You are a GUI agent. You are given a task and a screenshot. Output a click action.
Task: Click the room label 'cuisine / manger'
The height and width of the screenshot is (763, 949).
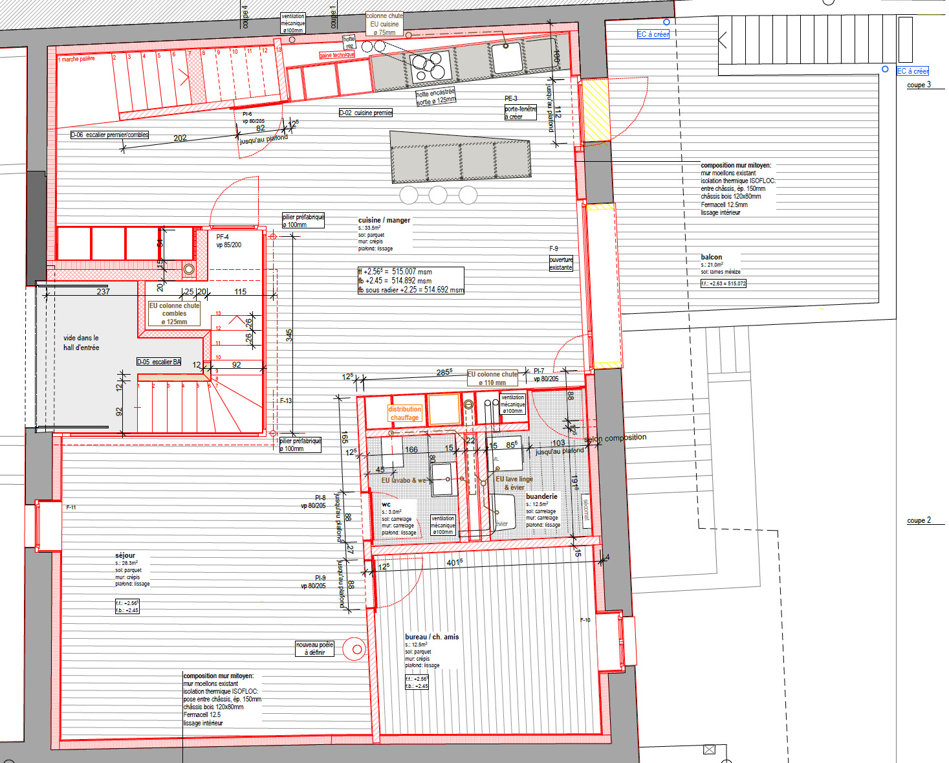[x=384, y=220]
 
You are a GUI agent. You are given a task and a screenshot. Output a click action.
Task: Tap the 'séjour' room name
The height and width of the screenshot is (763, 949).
[x=125, y=555]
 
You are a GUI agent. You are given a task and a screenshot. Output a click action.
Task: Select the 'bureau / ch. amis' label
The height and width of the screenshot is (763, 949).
[x=431, y=637]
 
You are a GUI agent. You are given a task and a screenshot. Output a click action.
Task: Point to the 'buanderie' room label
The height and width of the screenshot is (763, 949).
[x=541, y=496]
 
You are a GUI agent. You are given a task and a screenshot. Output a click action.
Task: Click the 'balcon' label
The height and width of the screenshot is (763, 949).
[x=711, y=257]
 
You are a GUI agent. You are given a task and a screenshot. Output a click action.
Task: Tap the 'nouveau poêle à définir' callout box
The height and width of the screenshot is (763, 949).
[x=314, y=648]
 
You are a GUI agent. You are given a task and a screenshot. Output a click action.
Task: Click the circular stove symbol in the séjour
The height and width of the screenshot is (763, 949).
[x=355, y=648]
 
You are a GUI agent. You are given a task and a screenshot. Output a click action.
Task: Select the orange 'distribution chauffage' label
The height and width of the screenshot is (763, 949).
[x=405, y=414]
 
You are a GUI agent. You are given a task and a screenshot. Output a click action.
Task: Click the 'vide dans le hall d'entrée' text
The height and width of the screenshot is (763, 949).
[x=81, y=342]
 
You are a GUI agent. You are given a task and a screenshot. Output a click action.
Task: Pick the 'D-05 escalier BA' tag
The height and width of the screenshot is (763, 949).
[x=158, y=362]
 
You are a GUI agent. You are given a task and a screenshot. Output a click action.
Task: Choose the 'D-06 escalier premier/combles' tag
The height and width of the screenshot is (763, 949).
[x=109, y=135]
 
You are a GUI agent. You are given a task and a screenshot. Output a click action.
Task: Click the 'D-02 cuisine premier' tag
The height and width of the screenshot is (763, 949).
[x=365, y=113]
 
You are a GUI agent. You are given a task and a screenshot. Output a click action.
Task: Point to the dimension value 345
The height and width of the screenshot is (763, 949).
[x=289, y=335]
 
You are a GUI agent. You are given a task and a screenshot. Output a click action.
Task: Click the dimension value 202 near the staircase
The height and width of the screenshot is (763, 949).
[x=180, y=138]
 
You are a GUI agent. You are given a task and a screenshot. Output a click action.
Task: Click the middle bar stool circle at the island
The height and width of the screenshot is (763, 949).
[x=438, y=194]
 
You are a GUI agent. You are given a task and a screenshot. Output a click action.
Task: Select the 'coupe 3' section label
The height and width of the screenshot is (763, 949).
[x=919, y=85]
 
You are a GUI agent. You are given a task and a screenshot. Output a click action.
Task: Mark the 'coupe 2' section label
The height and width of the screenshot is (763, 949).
[x=919, y=520]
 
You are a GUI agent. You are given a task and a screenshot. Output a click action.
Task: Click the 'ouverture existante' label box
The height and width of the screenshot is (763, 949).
[x=561, y=263]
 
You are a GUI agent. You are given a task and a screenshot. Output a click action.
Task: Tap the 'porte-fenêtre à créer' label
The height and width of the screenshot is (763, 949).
[x=520, y=113]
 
